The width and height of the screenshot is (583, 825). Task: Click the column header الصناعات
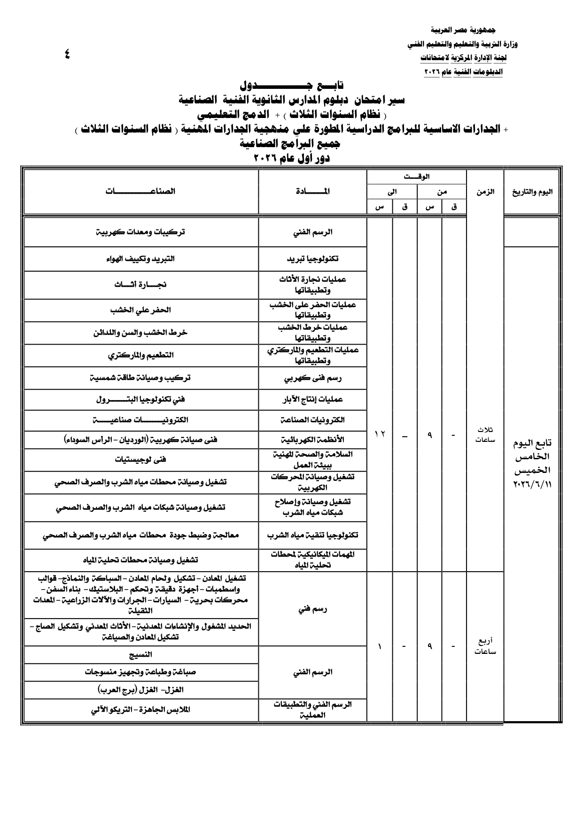tap(140, 191)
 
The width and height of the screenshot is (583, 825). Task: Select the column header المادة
tap(312, 191)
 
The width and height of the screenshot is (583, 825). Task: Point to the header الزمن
tap(485, 192)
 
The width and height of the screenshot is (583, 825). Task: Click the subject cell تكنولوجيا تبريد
tap(312, 259)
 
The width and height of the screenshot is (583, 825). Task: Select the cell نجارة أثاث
tap(140, 285)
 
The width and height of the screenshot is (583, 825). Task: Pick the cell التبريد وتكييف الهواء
tap(140, 259)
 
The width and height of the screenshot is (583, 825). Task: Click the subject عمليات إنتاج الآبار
tap(312, 400)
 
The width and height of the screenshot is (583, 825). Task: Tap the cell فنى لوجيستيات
tap(140, 460)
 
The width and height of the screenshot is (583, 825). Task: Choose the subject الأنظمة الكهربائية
tap(312, 440)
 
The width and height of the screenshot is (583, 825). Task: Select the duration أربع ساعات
tap(485, 647)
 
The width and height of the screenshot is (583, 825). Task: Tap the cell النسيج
tap(140, 655)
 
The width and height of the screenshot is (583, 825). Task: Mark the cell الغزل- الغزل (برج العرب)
tap(140, 690)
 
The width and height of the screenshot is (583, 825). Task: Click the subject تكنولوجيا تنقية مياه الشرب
tap(312, 535)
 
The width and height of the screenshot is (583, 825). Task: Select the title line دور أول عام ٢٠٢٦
tap(291, 158)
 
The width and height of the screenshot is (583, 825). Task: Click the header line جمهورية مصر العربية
tap(463, 30)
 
